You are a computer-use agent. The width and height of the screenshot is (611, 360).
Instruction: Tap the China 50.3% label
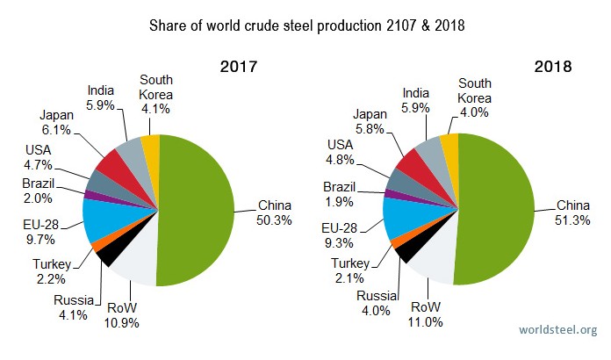click(x=274, y=213)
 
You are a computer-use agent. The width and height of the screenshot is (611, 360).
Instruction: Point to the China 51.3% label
click(x=574, y=213)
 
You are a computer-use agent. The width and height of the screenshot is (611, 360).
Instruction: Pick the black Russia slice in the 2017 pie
click(x=107, y=254)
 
